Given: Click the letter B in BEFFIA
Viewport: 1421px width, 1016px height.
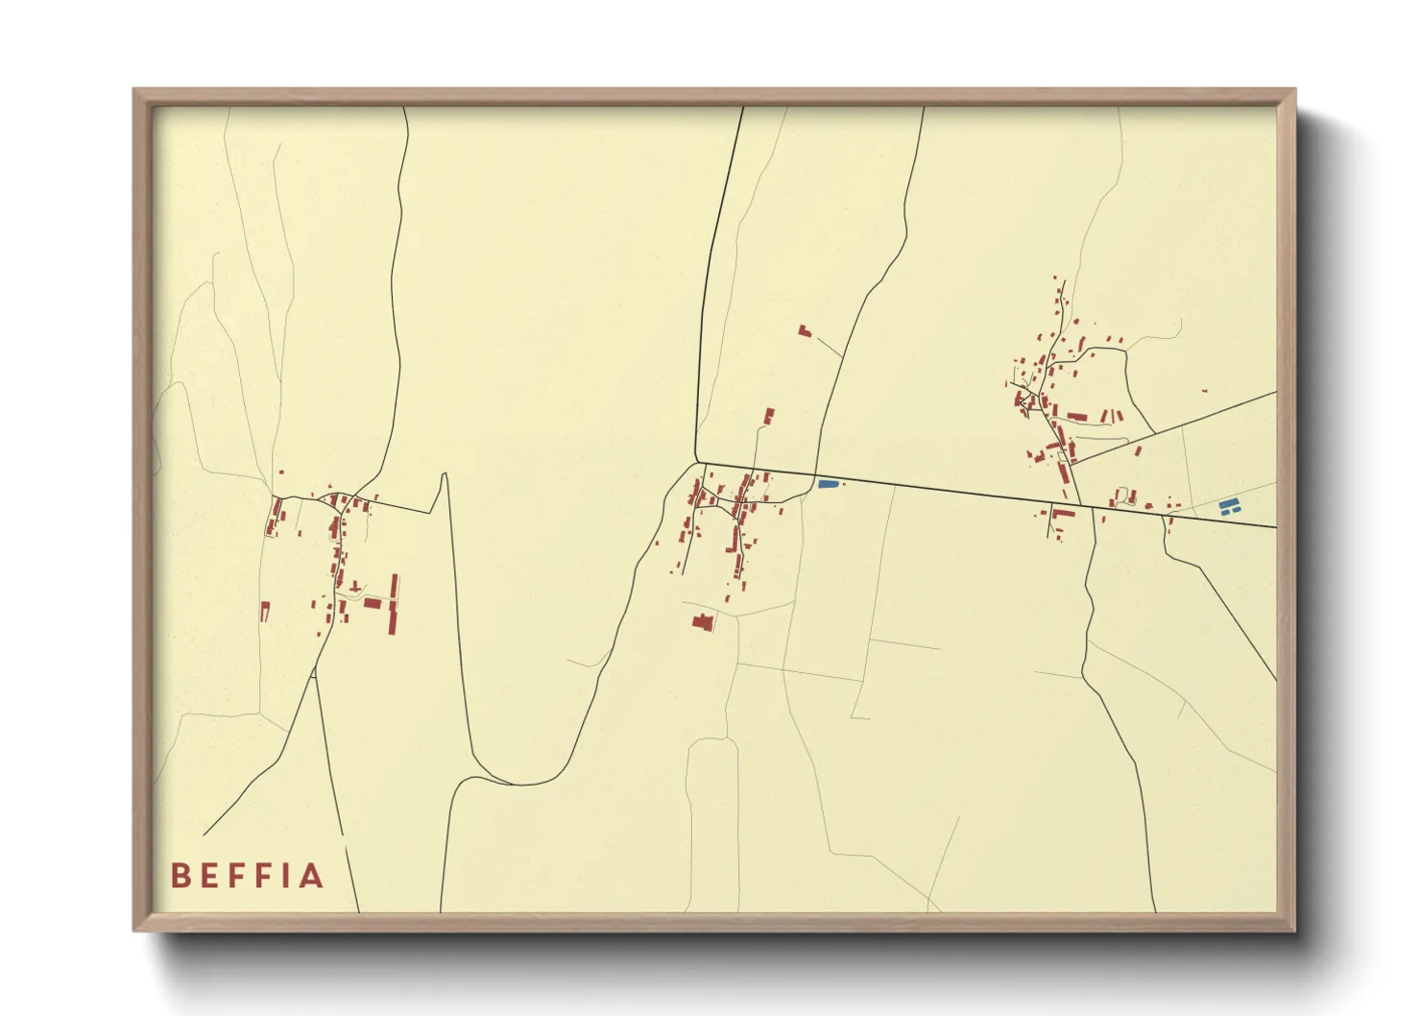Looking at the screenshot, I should pyautogui.click(x=180, y=876).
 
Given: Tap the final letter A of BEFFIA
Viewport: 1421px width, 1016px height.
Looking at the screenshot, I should pyautogui.click(x=312, y=876).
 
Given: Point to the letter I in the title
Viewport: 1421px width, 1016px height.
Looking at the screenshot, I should pyautogui.click(x=284, y=876).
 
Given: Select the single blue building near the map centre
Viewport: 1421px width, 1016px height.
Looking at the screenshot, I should pyautogui.click(x=828, y=484).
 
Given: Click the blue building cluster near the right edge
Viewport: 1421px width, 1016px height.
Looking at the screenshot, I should pyautogui.click(x=1226, y=507).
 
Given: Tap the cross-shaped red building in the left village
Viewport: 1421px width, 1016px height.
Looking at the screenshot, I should pyautogui.click(x=355, y=586).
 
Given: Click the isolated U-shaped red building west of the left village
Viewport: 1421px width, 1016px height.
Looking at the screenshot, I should pyautogui.click(x=265, y=610).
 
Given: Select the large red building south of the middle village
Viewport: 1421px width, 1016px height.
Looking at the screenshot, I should pyautogui.click(x=703, y=622).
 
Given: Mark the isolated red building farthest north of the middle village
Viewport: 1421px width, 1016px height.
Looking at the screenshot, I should pyautogui.click(x=804, y=330).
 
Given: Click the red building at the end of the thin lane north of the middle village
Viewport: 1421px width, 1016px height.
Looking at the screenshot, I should pyautogui.click(x=768, y=416).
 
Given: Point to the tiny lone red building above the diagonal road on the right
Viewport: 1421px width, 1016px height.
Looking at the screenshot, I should pyautogui.click(x=1205, y=391).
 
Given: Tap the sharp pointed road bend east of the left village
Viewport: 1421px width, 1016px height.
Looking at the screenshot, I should pyautogui.click(x=445, y=474).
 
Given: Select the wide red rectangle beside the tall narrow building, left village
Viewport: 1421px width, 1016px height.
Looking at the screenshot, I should pyautogui.click(x=373, y=603).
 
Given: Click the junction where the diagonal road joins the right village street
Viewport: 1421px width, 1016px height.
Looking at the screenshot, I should pyautogui.click(x=1072, y=465).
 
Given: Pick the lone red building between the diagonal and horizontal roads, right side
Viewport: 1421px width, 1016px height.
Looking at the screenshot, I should pyautogui.click(x=1139, y=450).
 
